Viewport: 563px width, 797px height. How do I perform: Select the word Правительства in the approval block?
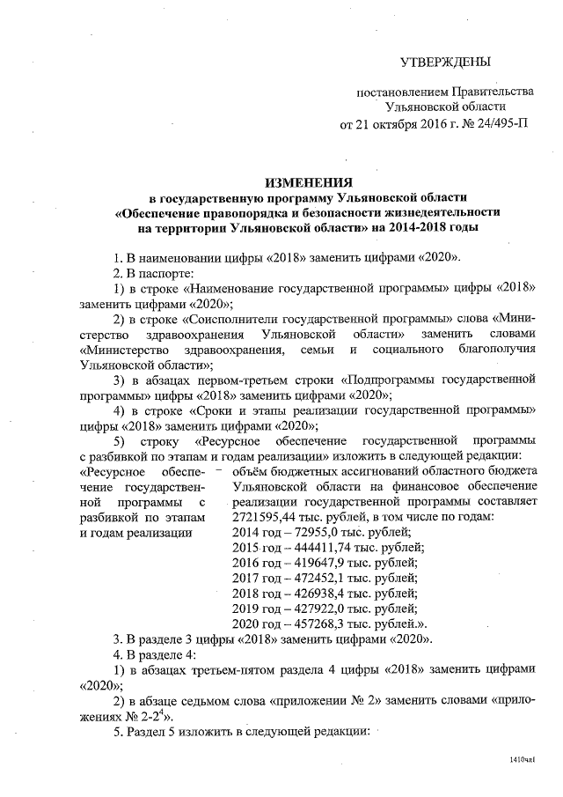(492, 92)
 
